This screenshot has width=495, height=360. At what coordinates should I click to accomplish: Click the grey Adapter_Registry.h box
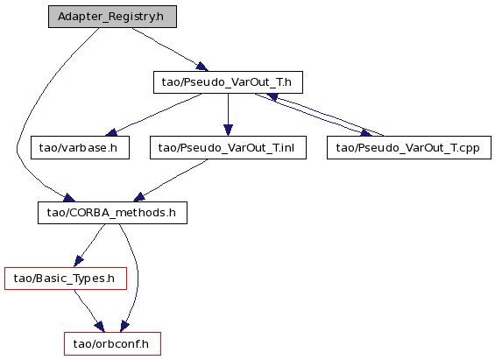point(112,17)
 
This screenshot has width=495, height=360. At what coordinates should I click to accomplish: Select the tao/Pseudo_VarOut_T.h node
point(228,82)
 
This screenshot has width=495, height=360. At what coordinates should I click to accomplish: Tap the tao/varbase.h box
point(80,148)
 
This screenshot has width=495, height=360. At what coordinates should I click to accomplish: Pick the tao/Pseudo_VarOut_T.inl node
point(228,148)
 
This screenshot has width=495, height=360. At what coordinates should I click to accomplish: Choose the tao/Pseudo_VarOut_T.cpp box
point(409,148)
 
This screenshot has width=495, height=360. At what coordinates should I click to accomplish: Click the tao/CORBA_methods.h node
point(112,213)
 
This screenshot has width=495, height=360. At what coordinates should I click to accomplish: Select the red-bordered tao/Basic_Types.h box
point(66,279)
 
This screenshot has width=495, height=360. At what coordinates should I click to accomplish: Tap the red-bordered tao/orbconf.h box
point(112,343)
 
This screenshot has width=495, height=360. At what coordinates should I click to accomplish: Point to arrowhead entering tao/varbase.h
point(111,133)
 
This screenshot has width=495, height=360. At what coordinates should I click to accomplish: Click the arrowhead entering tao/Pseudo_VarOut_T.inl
point(228,131)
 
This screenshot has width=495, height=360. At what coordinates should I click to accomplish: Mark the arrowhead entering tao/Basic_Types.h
point(79,261)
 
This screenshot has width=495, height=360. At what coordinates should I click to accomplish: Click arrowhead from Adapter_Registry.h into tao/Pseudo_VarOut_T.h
point(202,67)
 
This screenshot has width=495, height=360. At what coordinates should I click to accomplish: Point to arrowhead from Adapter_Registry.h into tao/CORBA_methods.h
point(69,198)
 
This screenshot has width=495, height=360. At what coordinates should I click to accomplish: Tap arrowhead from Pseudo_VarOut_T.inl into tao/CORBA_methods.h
point(139,197)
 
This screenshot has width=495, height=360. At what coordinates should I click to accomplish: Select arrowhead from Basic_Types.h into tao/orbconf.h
point(100,327)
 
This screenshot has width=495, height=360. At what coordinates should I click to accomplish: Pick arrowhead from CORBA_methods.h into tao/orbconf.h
point(124,327)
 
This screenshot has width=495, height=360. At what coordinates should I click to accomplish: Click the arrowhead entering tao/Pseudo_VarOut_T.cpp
point(366,133)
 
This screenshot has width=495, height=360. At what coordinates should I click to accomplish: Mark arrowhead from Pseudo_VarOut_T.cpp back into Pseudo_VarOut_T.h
point(272,97)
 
